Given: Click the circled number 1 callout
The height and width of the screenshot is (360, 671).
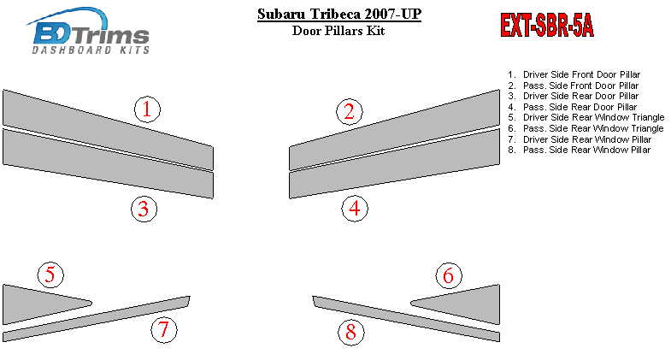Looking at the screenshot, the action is coord(147,109).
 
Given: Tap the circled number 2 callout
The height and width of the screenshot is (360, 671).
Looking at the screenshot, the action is coord(350,112).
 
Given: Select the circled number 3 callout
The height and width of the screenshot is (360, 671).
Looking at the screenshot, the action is coord(144,209).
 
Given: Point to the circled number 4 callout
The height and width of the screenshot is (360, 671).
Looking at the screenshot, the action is coord(355,209).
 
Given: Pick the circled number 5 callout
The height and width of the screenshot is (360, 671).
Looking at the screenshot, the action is coord(50,274).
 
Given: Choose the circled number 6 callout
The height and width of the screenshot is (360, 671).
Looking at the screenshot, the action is coord(449,275).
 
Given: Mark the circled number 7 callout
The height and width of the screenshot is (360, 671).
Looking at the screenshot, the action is coord(164,329).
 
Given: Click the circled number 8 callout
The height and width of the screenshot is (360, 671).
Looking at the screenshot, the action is coord(351,332).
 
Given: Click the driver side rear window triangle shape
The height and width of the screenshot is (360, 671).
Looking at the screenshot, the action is coord(34,304).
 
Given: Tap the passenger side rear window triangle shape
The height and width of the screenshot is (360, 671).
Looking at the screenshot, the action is coord(468,304).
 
